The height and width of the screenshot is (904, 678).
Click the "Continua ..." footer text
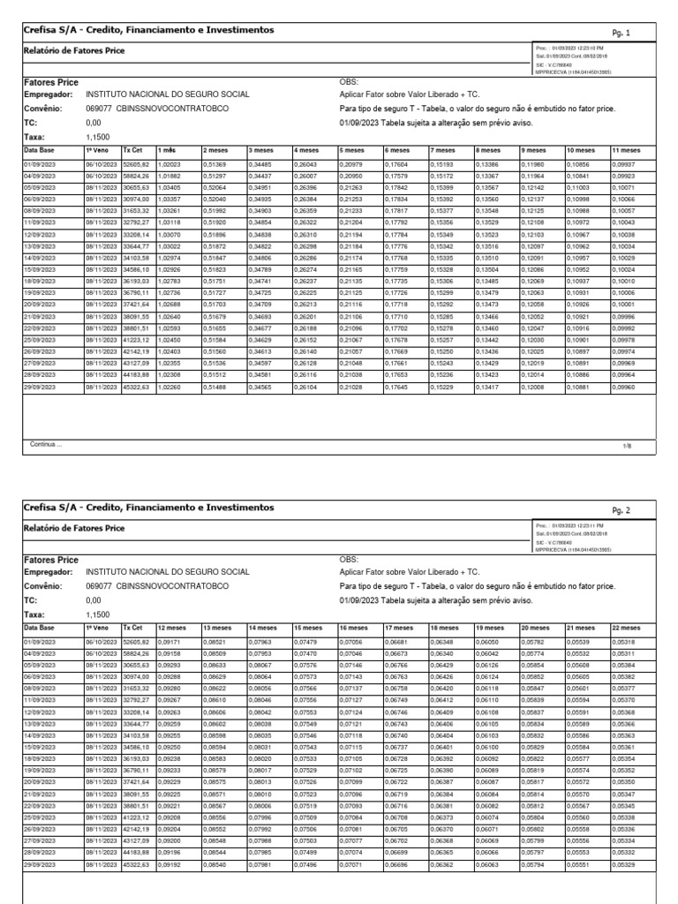pos(47,446)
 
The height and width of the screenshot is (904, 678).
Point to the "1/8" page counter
pos(627,447)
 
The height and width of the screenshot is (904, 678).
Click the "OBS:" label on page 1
pos(349,81)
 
